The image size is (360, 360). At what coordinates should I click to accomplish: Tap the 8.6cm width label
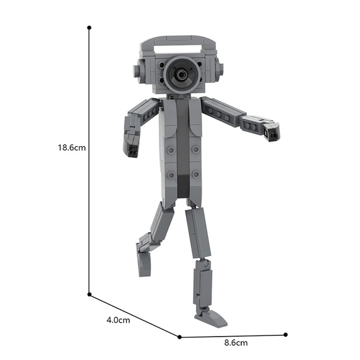point(236,343)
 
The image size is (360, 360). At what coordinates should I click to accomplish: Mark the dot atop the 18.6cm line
point(89,28)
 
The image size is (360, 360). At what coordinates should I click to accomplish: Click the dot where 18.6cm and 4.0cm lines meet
point(89,294)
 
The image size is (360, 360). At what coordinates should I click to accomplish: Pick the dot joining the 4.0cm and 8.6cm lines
point(179,335)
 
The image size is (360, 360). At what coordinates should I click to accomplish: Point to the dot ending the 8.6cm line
point(286,334)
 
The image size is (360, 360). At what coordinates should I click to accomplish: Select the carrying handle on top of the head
point(178,42)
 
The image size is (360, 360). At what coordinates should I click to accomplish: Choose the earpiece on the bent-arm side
point(137,71)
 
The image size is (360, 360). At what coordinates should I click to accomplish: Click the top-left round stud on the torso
point(171,149)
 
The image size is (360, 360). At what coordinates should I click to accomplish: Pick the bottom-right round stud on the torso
point(195,175)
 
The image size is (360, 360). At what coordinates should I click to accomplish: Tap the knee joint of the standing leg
point(202,263)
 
